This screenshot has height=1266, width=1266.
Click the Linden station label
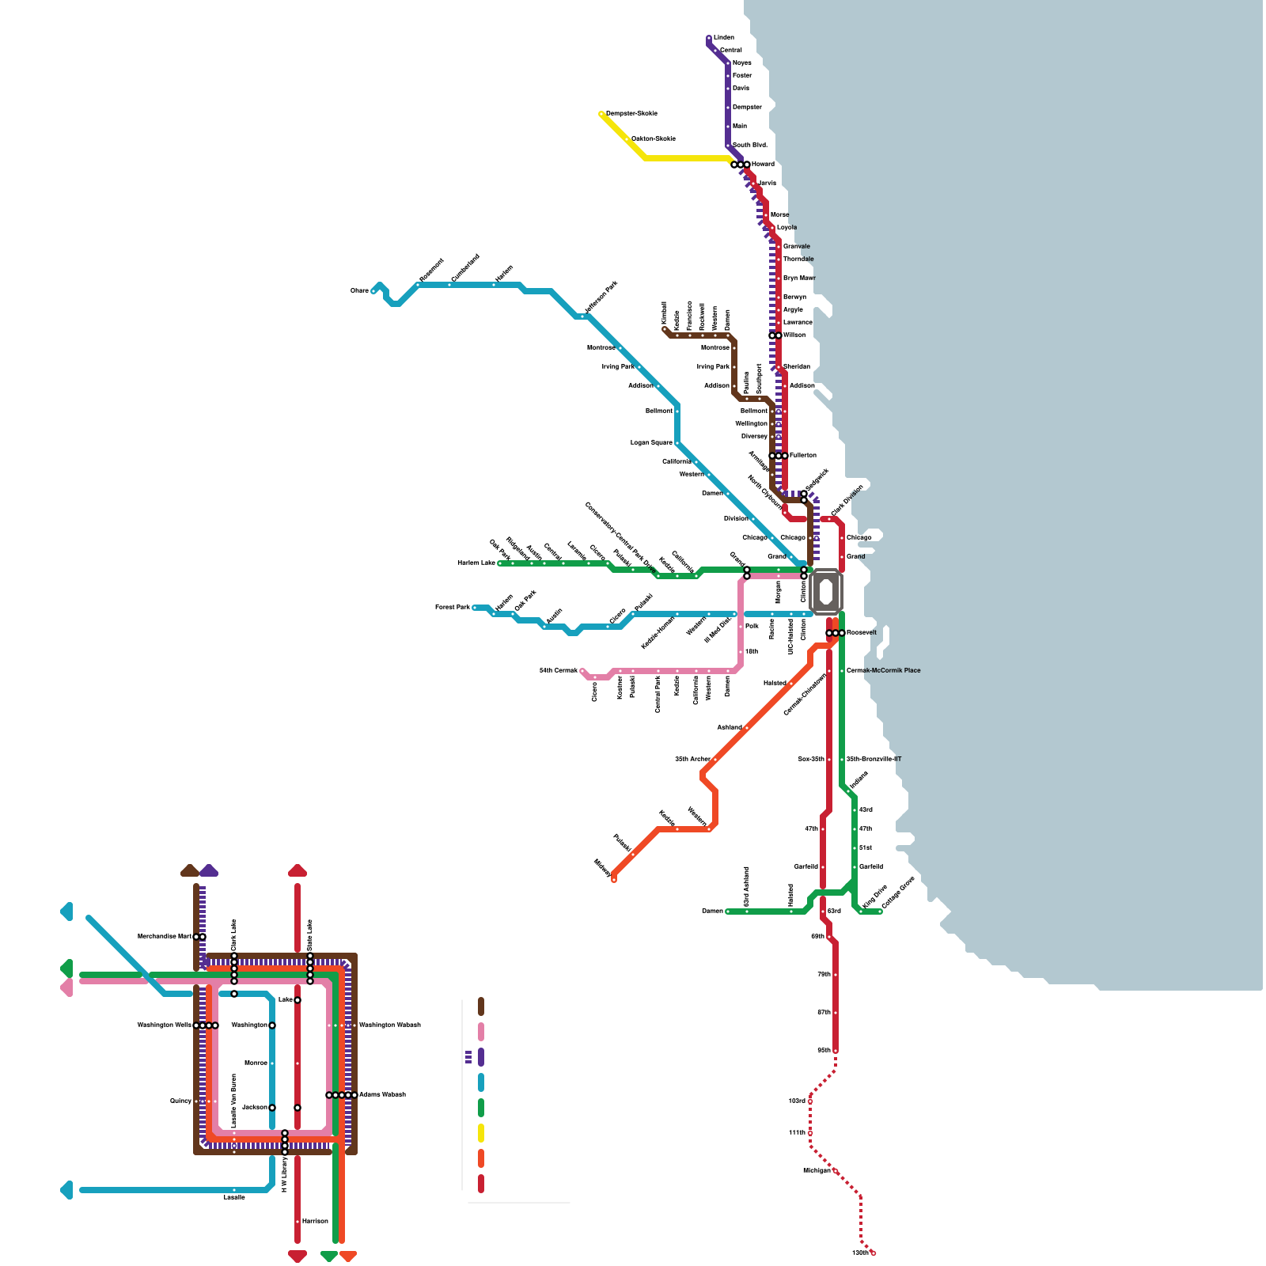[723, 37]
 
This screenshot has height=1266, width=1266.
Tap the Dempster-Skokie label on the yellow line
[631, 113]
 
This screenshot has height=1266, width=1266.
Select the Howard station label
[763, 164]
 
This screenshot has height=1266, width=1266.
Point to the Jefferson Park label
[601, 298]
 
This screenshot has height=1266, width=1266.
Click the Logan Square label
[651, 442]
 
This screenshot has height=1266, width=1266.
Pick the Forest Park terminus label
[452, 607]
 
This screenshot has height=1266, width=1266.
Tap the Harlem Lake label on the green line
[476, 563]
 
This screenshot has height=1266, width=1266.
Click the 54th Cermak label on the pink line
[559, 670]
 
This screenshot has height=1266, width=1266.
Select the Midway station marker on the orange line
[614, 879]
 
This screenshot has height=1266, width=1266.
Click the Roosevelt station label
[861, 632]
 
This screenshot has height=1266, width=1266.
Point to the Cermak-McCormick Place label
[883, 670]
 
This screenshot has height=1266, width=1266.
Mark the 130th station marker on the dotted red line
[874, 1253]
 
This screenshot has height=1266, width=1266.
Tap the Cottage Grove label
[898, 892]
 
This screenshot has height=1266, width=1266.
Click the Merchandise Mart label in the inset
[165, 936]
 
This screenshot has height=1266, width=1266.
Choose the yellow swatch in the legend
[480, 1133]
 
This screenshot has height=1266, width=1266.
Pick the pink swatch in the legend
[480, 1032]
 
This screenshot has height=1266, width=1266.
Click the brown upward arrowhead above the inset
[190, 870]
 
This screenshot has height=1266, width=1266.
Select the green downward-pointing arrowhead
[329, 1257]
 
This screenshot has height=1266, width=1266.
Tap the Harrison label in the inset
[315, 1221]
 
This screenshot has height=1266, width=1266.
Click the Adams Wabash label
[382, 1094]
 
